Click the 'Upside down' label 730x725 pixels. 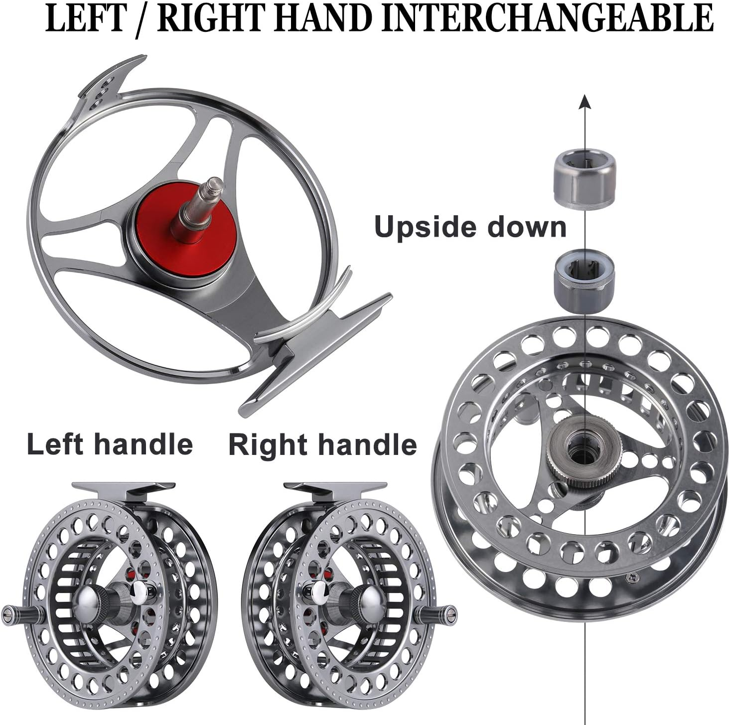pos(470,227)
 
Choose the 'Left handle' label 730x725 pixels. pos(110,444)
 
